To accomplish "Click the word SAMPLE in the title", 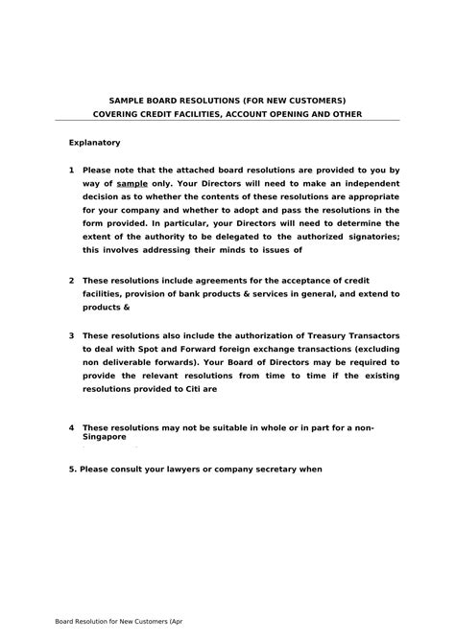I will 130,100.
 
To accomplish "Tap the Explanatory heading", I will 94,143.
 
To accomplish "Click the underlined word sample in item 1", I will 131,183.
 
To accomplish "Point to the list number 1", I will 72,170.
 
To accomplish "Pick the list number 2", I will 72,280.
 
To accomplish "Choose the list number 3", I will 72,336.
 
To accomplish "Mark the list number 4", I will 72,426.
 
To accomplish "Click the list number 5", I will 72,470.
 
